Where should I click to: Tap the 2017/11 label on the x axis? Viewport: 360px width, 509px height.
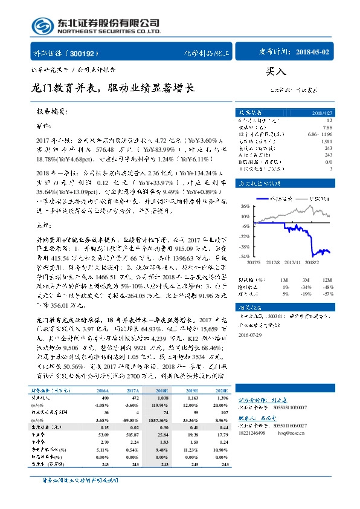[x=293, y=262]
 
